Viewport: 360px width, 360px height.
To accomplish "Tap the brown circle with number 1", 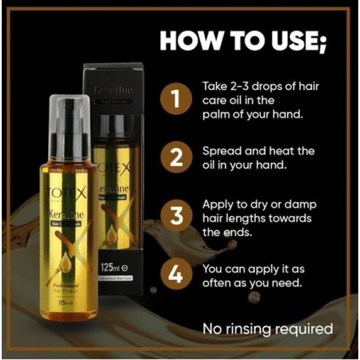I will (x=177, y=99).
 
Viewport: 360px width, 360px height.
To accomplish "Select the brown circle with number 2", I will (x=177, y=158).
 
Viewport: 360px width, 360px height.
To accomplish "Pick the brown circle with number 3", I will (x=177, y=218).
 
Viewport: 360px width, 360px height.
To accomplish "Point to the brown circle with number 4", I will (x=177, y=276).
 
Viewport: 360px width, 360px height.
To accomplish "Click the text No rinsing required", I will (x=267, y=329).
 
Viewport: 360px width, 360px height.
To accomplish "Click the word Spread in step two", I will (x=220, y=151).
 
